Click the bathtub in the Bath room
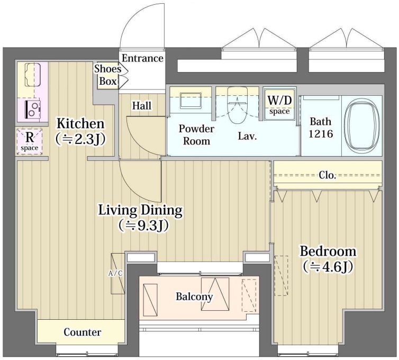coord(361,126)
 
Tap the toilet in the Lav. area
coord(237,105)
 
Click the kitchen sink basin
coord(33,75)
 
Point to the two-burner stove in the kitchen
coord(33,109)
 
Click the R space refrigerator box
coord(30,141)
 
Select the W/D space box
coord(279,104)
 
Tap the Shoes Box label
coord(107,75)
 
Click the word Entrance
coord(142,58)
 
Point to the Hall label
coord(142,105)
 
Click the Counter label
coord(82,332)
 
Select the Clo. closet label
coord(328,175)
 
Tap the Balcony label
coord(194,296)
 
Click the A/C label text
coord(115,274)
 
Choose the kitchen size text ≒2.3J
coord(80,139)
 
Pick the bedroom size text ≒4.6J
coord(328,267)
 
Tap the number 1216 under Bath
coord(321,133)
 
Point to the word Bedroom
coord(328,251)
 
